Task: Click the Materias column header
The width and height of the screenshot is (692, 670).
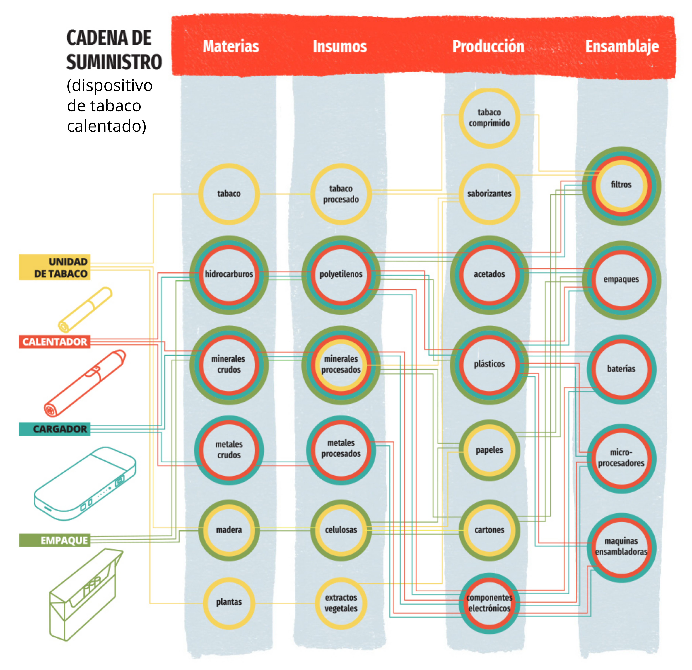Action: coord(231,46)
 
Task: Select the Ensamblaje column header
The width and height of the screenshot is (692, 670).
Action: coord(622,46)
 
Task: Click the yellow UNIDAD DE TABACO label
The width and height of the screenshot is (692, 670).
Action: coord(55,267)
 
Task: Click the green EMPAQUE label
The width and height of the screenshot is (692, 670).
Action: coord(55,540)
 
